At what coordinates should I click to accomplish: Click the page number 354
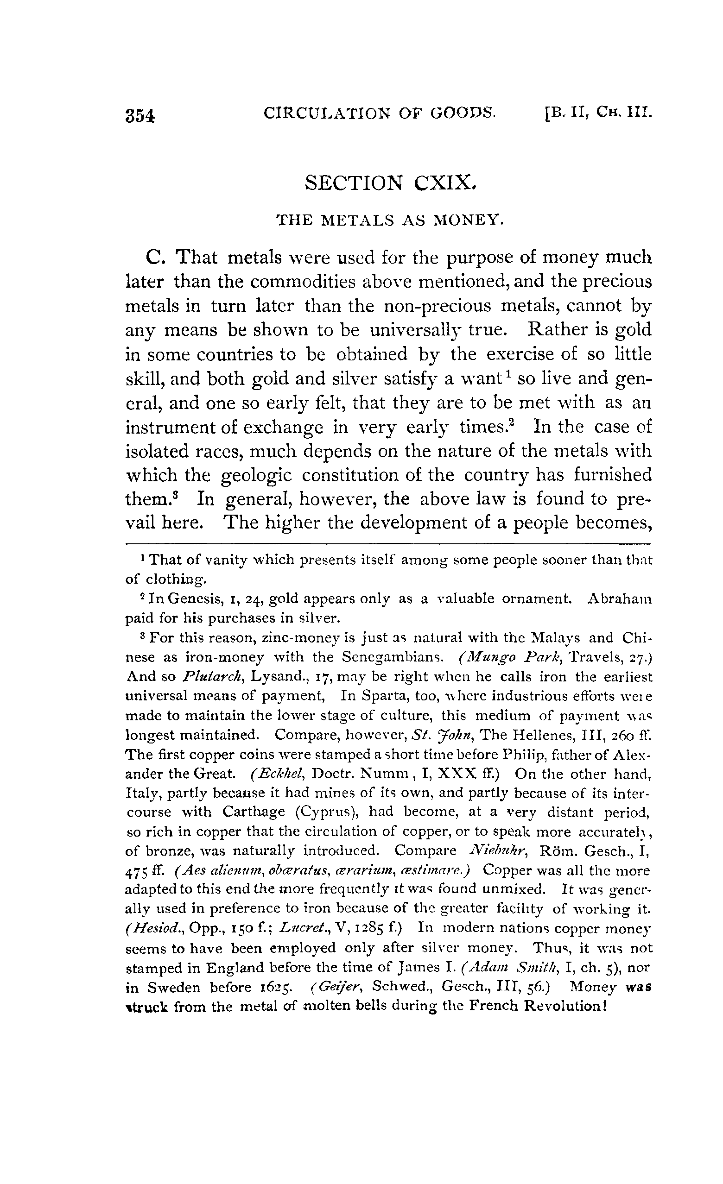click(x=140, y=116)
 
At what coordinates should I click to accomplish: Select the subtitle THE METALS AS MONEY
click(x=390, y=220)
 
